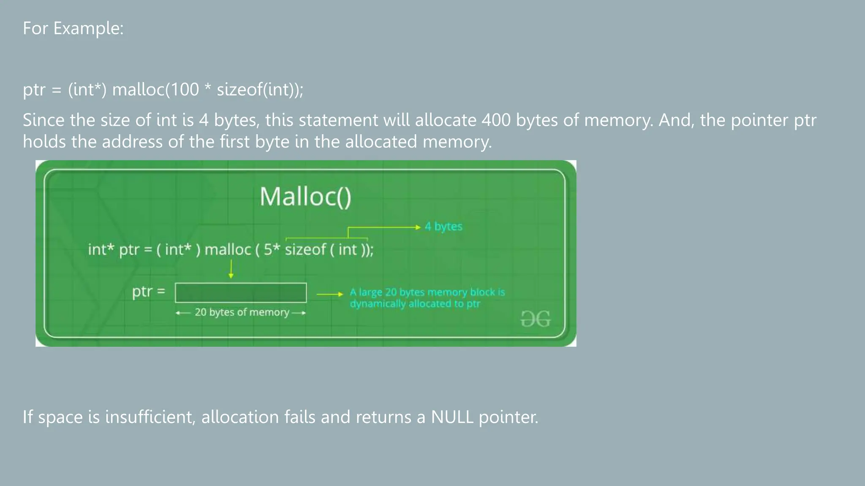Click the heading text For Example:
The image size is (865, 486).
pos(73,29)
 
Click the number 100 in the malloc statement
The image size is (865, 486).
pos(184,89)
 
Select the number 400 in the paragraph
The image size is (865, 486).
pos(496,120)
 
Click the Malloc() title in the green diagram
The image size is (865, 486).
pos(305,197)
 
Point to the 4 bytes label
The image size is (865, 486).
pos(443,227)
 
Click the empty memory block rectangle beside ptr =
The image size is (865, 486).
pos(241,292)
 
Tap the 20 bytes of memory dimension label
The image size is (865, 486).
pos(242,312)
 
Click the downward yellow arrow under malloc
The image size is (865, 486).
pos(231,269)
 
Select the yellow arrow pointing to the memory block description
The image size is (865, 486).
pos(329,294)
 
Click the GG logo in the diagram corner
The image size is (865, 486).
pos(535,319)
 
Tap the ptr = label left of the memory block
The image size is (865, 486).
pos(148,292)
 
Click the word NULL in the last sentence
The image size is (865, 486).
pos(452,417)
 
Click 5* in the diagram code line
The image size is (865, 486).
pos(272,249)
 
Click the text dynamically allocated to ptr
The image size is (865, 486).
pos(415,304)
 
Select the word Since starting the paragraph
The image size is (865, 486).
pos(43,120)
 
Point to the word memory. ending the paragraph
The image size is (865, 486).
pos(457,142)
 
